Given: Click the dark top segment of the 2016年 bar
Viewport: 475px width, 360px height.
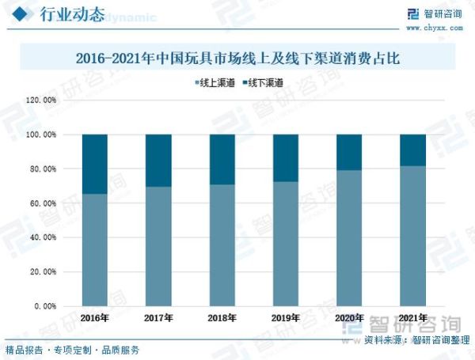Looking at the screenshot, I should click(x=95, y=164).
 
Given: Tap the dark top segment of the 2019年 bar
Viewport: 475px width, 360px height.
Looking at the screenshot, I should click(x=286, y=157).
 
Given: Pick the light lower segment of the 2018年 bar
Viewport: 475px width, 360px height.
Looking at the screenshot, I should click(x=222, y=245).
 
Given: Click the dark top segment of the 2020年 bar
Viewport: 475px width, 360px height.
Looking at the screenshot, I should click(x=349, y=152).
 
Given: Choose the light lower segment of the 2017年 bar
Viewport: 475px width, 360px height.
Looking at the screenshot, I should click(x=158, y=246).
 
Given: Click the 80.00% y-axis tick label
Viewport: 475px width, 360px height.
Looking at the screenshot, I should click(x=42, y=169).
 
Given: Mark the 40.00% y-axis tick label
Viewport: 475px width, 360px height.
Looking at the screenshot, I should click(x=42, y=237).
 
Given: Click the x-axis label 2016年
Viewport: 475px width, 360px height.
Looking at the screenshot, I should click(x=95, y=318).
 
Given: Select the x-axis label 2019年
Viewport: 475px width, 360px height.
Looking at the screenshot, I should click(x=286, y=318).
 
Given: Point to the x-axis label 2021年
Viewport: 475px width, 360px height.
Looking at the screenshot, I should click(x=413, y=318).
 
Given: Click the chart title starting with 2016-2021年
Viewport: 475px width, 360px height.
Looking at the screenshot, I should click(x=238, y=59).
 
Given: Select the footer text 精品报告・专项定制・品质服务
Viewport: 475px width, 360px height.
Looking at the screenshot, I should click(x=72, y=350).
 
